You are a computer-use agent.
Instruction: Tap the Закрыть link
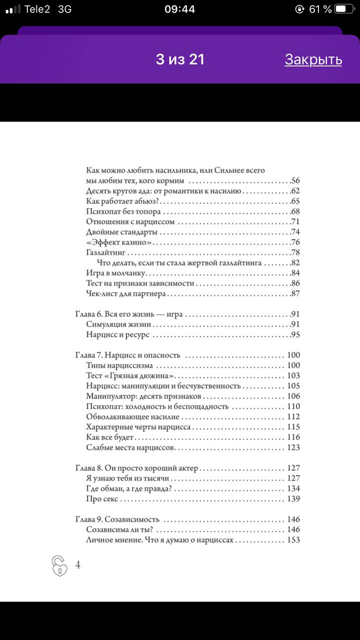[x=313, y=59]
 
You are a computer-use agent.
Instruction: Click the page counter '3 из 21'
[x=180, y=59]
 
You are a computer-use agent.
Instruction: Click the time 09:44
[x=179, y=9]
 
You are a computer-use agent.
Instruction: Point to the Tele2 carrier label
[x=37, y=9]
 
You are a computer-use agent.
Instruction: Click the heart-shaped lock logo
[x=59, y=565]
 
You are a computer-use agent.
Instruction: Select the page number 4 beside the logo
[x=78, y=565]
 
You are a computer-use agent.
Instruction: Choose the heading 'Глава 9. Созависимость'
[x=117, y=519]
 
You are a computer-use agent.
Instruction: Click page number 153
[x=293, y=540]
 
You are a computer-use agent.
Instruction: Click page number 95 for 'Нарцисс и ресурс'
[x=295, y=335]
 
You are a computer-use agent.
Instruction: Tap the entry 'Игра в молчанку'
[x=115, y=273]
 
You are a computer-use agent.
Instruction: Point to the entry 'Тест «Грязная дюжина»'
[x=130, y=375]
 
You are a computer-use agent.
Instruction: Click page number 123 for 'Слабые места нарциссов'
[x=293, y=447]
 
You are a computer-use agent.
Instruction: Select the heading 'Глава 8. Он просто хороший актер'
[x=137, y=468]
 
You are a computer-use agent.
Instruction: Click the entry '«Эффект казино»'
[x=118, y=242]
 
